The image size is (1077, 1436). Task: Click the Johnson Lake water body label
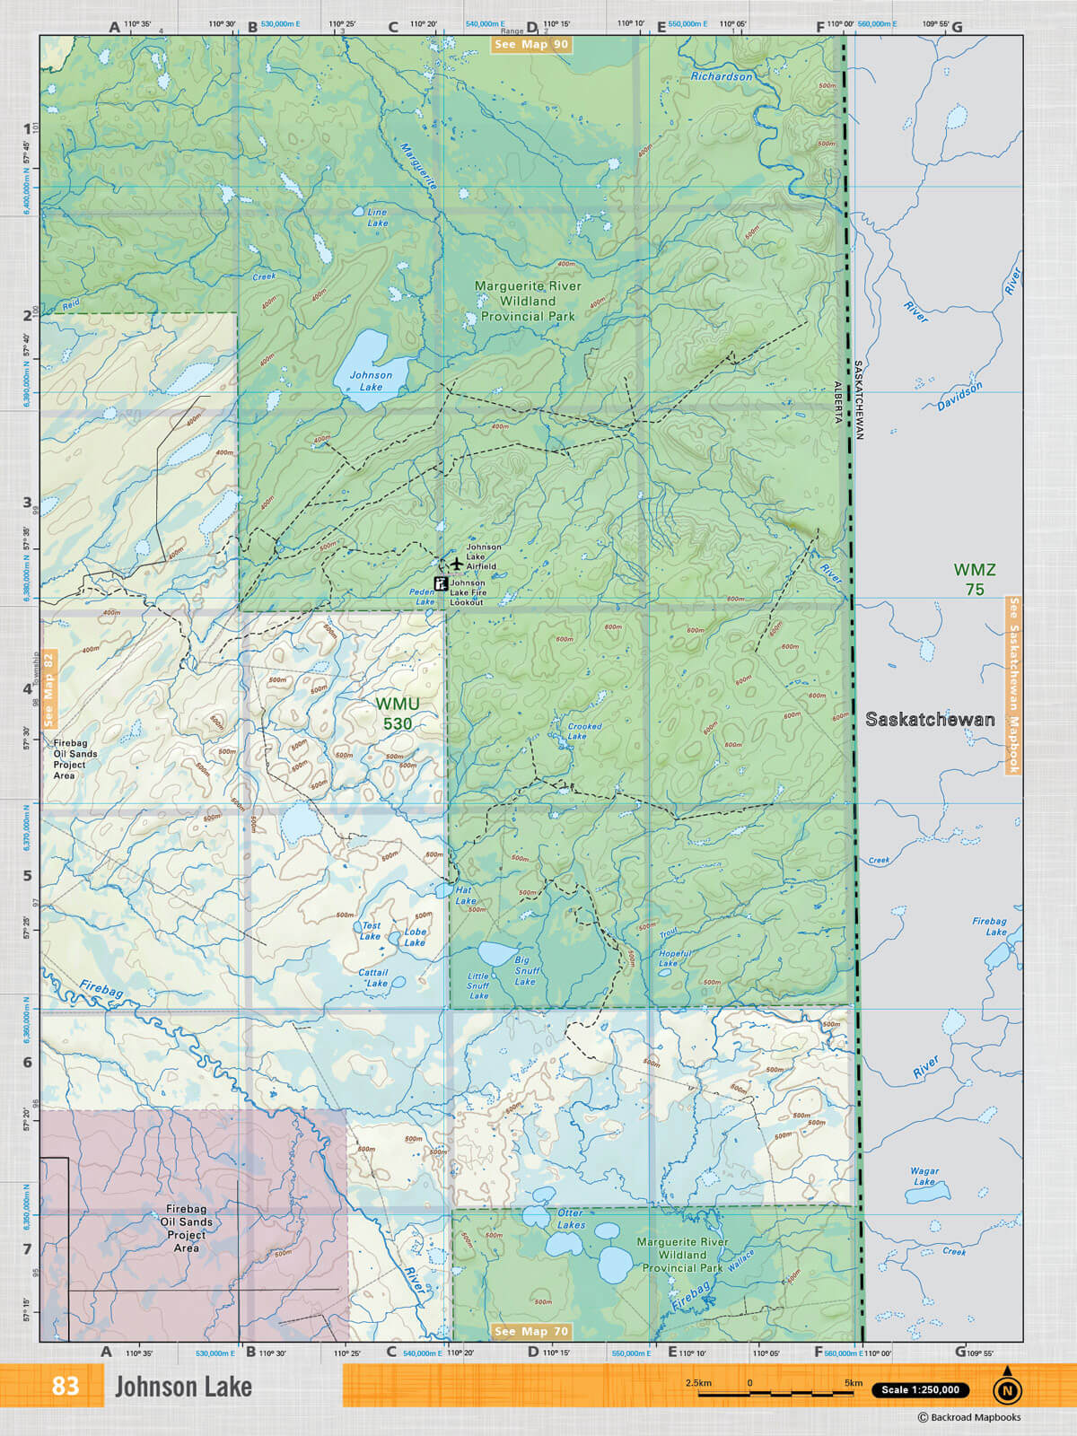[x=371, y=381]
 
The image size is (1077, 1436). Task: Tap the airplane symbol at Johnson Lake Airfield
[x=457, y=564]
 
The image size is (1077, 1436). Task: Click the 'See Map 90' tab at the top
[x=531, y=44]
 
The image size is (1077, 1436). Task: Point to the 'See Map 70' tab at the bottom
[x=531, y=1331]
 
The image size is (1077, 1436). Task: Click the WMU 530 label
[x=397, y=714]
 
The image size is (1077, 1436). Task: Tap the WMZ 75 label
[x=974, y=579]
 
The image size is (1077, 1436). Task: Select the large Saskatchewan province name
[x=930, y=719]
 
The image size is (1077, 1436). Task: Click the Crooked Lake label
[x=584, y=731]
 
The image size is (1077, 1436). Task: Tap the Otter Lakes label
[x=571, y=1219]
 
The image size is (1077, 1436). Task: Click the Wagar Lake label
[x=924, y=1176]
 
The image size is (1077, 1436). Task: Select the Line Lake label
[x=378, y=217]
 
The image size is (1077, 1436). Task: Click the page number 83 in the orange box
[x=65, y=1386]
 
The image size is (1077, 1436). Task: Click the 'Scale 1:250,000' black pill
[x=920, y=1389]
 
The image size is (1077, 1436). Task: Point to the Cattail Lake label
[x=374, y=977]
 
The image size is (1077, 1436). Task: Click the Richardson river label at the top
[x=721, y=76]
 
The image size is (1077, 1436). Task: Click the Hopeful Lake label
[x=674, y=958]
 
